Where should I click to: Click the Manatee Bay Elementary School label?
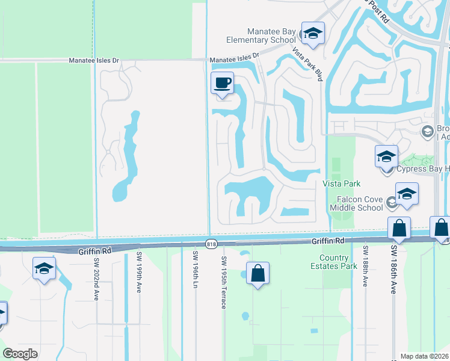(271, 35)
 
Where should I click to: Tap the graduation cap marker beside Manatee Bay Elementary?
(313, 34)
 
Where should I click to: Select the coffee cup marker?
(222, 84)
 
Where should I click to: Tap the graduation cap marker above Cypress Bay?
(386, 158)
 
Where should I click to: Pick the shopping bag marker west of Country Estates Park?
(257, 274)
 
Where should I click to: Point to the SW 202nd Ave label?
(96, 279)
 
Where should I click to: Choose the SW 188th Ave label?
(365, 265)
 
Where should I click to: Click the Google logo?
(20, 353)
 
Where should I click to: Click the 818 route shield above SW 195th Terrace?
(211, 244)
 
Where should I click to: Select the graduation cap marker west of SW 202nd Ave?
(44, 269)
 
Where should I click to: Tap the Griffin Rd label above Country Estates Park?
(327, 241)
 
